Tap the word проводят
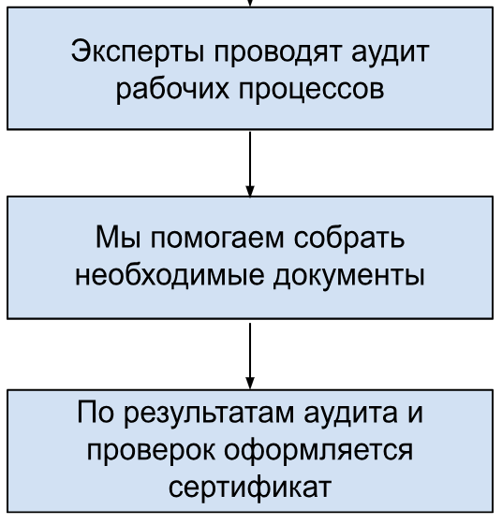[278, 52]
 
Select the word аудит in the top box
[391, 52]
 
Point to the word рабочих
[172, 89]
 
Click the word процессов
[311, 90]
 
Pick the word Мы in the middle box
[118, 238]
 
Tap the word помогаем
[217, 239]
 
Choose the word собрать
[349, 238]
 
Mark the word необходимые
[170, 275]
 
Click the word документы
[349, 277]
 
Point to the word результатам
[209, 415]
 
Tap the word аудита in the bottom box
[351, 415]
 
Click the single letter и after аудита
[415, 414]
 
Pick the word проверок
[151, 452]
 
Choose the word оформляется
[318, 451]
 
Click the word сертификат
[250, 487]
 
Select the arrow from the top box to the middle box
[250, 164]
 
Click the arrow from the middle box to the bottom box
[250, 356]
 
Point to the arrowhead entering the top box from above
[250, 3]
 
